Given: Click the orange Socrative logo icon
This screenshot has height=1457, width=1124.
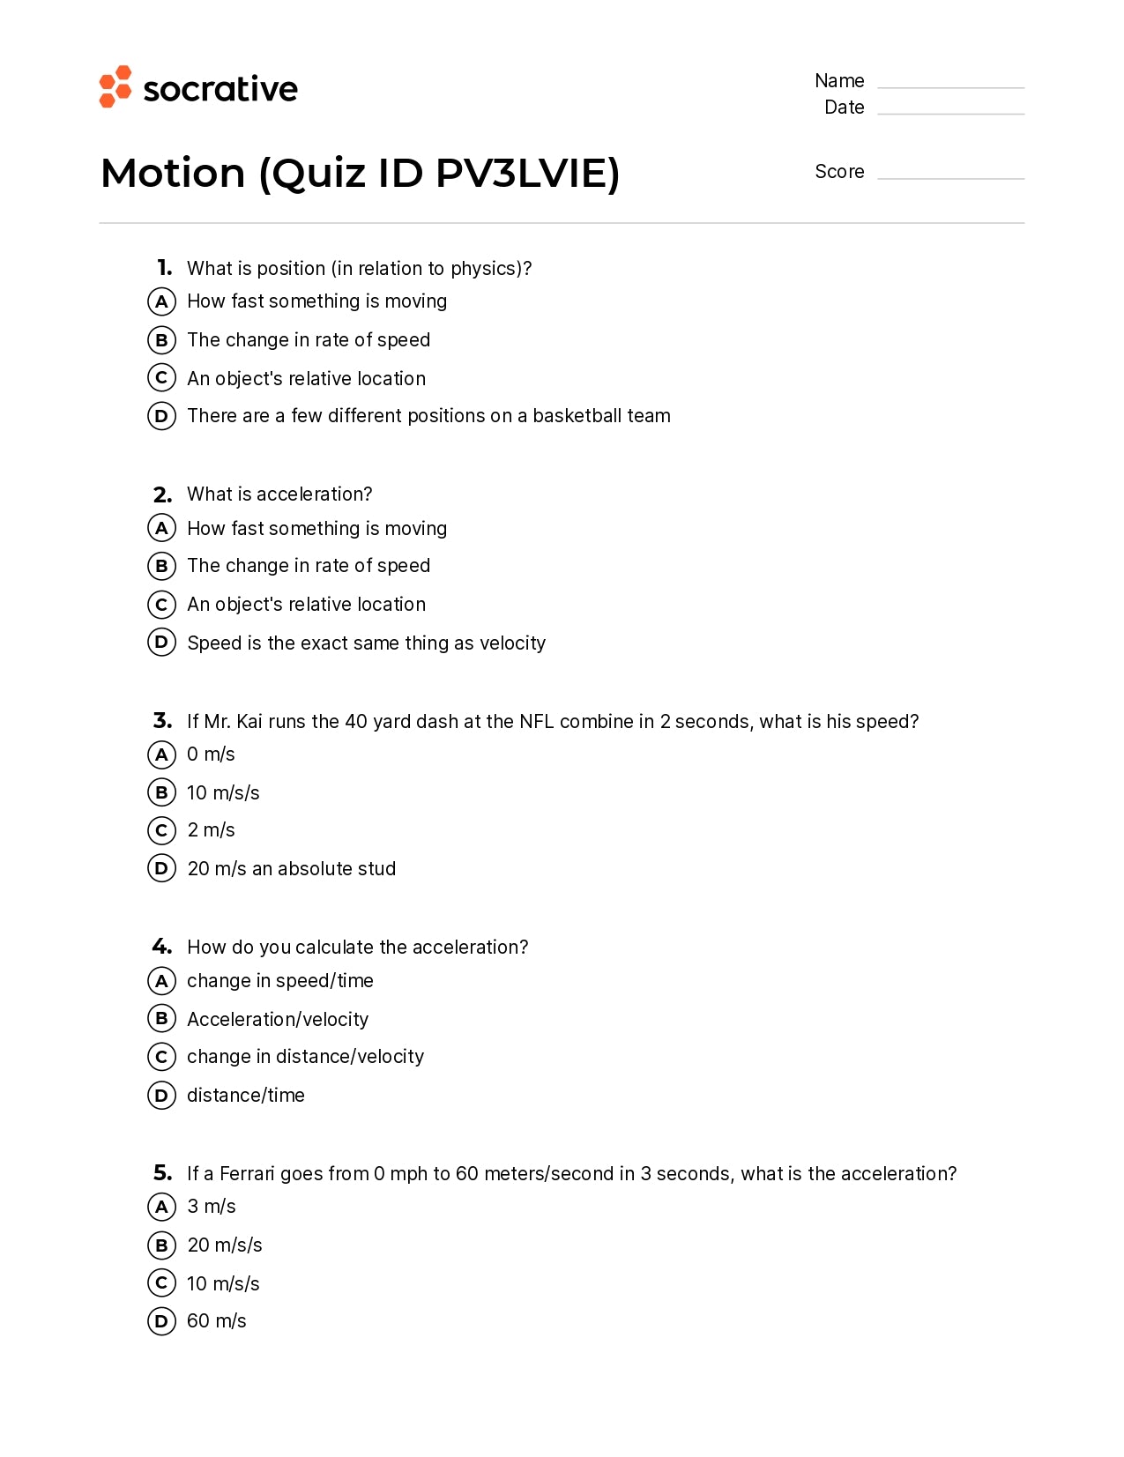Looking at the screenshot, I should coord(115,86).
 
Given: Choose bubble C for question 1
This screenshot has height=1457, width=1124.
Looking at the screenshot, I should coord(161,378).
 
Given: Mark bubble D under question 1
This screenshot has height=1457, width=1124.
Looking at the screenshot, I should coord(161,416).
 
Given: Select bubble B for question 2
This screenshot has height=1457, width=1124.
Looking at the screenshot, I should coord(161,566).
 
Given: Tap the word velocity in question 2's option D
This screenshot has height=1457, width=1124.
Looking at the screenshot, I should coord(512,643).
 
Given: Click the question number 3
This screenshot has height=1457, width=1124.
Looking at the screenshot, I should coord(162,721).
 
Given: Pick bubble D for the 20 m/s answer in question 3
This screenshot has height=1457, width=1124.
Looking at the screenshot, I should coord(161,868).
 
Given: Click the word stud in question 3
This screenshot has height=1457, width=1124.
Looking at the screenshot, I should coord(376,869).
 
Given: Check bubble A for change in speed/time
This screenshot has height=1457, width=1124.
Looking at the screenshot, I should coord(161,981).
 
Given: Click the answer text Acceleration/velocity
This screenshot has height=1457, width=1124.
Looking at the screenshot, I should coord(278,1020).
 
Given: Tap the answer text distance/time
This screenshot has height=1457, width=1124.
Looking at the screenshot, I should coord(246,1096).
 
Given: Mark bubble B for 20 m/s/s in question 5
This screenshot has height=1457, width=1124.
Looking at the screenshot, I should coord(161,1245).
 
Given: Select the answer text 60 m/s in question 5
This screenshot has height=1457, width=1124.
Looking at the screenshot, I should coord(217,1321).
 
